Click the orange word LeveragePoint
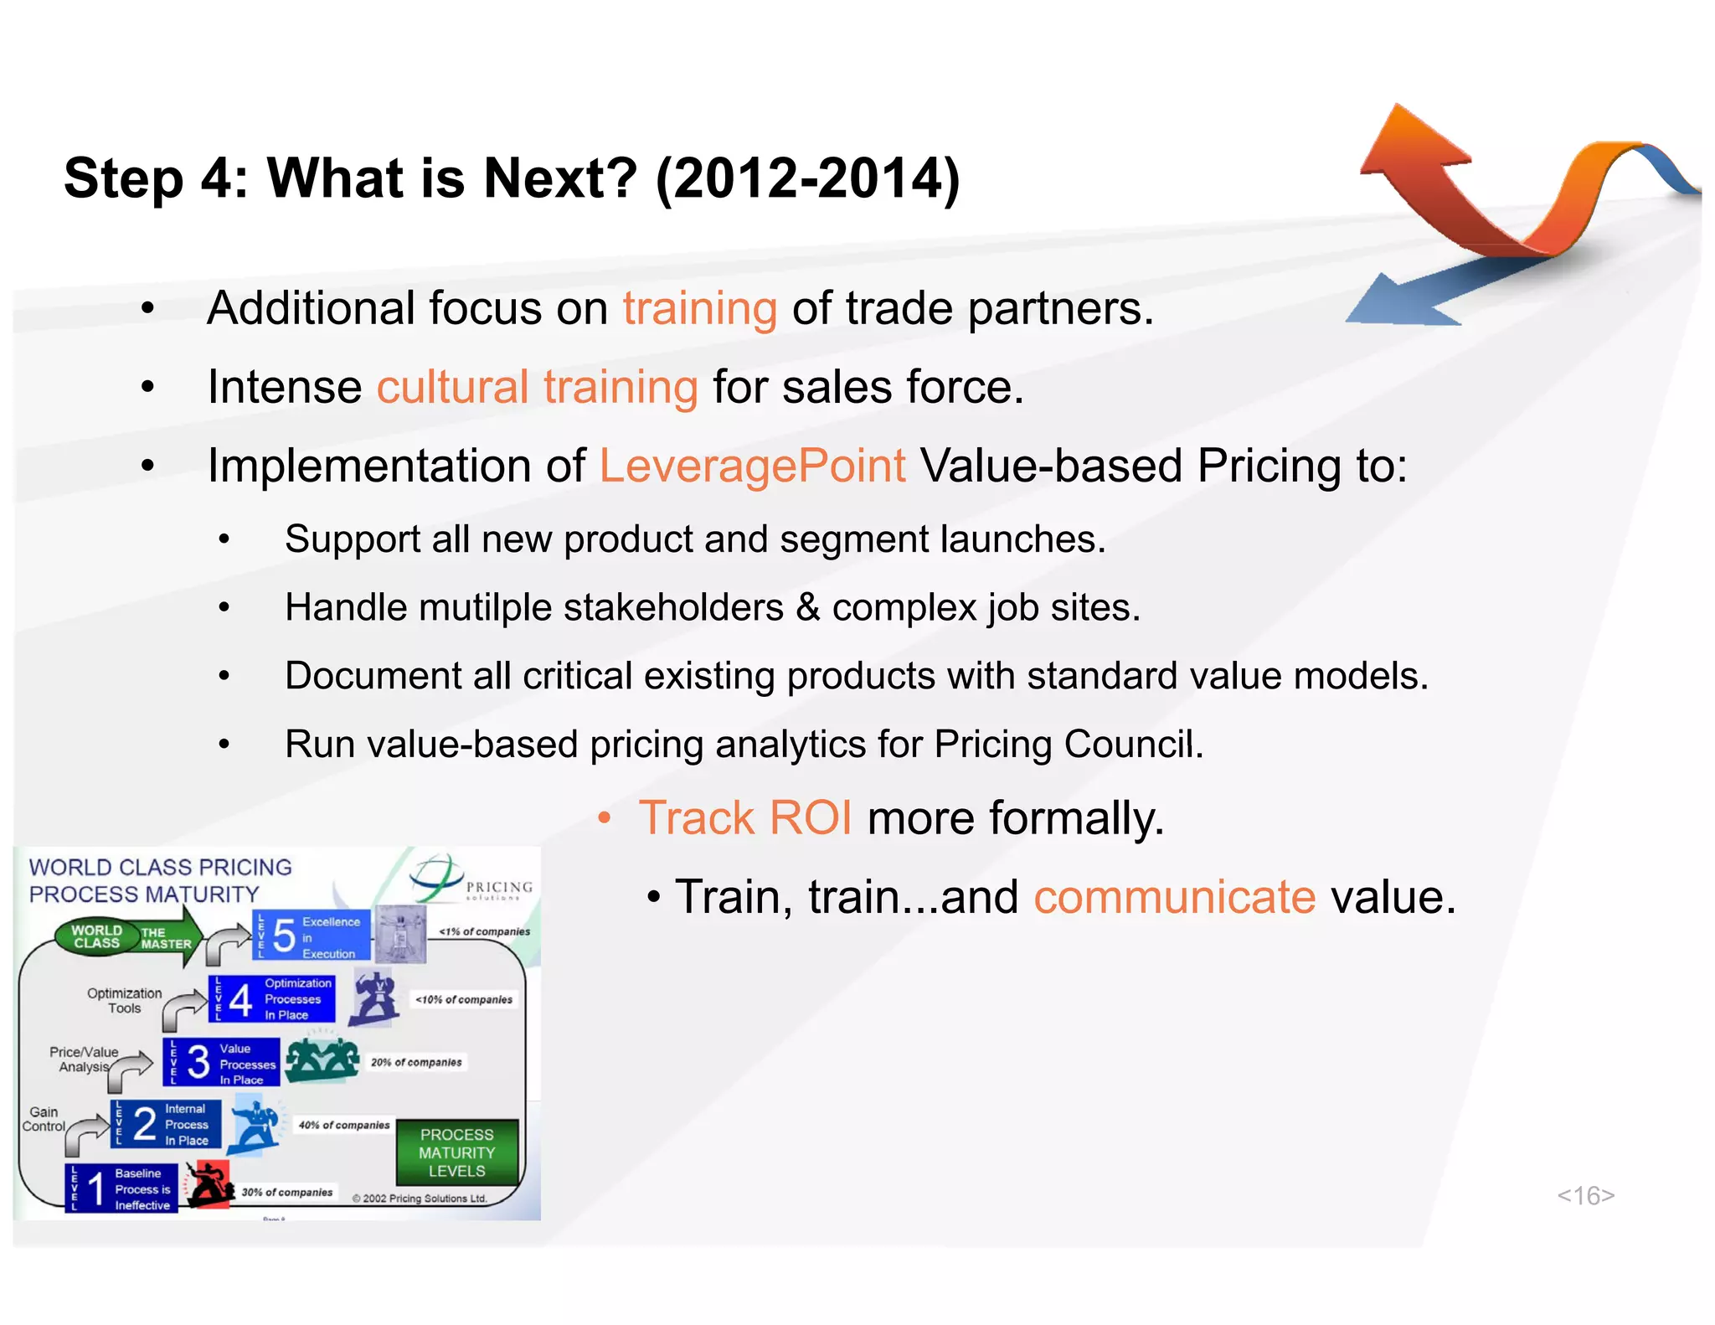(x=752, y=466)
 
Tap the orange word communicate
(x=1174, y=897)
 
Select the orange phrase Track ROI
(x=744, y=818)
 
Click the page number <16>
(x=1585, y=1195)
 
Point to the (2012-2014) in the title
(x=807, y=178)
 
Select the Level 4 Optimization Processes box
(x=271, y=998)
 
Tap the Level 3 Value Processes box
(x=221, y=1062)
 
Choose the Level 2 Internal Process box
(x=166, y=1124)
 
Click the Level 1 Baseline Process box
(x=121, y=1188)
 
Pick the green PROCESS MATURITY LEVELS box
(x=456, y=1152)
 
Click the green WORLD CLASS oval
(x=96, y=936)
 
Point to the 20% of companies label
(x=416, y=1062)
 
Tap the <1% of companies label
(x=484, y=931)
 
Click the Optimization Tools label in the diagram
(x=124, y=1000)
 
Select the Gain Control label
(x=44, y=1119)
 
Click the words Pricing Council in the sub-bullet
(x=1068, y=745)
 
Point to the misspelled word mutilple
(x=480, y=608)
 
